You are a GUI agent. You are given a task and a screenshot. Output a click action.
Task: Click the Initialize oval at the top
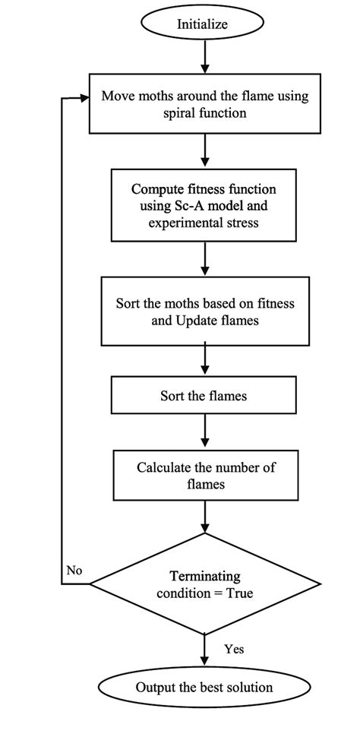203,24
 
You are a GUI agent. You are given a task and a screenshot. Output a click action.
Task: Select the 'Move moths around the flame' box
203,104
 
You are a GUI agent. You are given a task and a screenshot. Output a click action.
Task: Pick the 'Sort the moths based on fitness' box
204,311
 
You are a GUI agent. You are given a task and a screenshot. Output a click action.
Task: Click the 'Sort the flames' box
203,395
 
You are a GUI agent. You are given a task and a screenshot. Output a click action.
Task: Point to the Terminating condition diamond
204,584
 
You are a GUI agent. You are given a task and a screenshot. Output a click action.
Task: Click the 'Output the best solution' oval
204,688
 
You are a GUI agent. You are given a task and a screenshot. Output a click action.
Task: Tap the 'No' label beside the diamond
74,570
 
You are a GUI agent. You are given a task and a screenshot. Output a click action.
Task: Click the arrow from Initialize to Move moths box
204,58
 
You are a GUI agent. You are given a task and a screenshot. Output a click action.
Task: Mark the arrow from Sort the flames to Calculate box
204,432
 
